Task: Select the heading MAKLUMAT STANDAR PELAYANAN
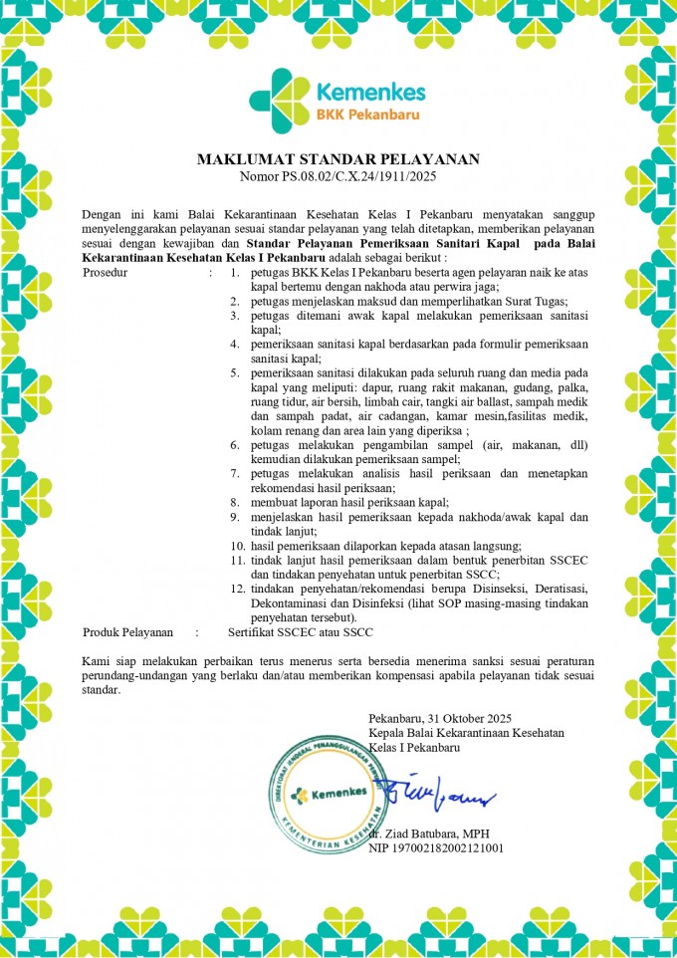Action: [338, 159]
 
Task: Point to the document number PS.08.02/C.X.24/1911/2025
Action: [356, 176]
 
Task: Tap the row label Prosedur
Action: [105, 271]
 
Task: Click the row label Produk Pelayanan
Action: [128, 631]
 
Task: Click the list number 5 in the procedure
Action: [234, 371]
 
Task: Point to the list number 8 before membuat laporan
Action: [234, 502]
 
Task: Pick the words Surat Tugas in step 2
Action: [537, 300]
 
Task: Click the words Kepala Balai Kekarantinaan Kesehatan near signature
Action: [466, 732]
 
